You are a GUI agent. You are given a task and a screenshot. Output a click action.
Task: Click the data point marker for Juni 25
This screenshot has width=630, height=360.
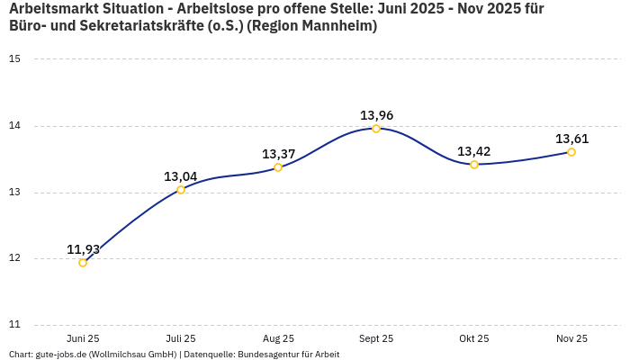point(83,263)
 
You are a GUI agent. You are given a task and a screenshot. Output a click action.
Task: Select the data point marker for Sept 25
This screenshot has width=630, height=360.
point(376,129)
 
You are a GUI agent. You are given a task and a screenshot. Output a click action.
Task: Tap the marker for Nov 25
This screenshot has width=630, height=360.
point(571,152)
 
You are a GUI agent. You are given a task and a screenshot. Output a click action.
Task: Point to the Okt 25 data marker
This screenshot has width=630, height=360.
point(474,165)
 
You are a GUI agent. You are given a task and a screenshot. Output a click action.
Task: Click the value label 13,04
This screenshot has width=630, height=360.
point(180,176)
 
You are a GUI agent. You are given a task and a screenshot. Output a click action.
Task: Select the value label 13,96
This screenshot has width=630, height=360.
point(376,115)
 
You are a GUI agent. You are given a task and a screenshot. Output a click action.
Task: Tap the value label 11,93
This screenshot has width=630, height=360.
point(83,249)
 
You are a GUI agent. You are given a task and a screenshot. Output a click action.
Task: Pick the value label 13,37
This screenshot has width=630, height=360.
point(278,154)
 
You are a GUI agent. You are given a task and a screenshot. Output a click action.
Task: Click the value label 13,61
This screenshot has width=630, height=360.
point(571,139)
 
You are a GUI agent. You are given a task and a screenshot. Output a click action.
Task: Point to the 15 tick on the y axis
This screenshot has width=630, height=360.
point(14,59)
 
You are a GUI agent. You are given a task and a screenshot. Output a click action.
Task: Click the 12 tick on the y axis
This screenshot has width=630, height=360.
point(14,259)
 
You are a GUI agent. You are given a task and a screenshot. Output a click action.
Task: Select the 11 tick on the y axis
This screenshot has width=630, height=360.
point(14,325)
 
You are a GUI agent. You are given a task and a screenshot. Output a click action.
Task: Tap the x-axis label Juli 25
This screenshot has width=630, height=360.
point(180,338)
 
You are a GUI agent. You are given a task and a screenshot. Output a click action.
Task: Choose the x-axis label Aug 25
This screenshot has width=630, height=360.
point(278,338)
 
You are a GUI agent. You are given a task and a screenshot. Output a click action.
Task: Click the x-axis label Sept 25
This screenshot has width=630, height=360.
point(376,338)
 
